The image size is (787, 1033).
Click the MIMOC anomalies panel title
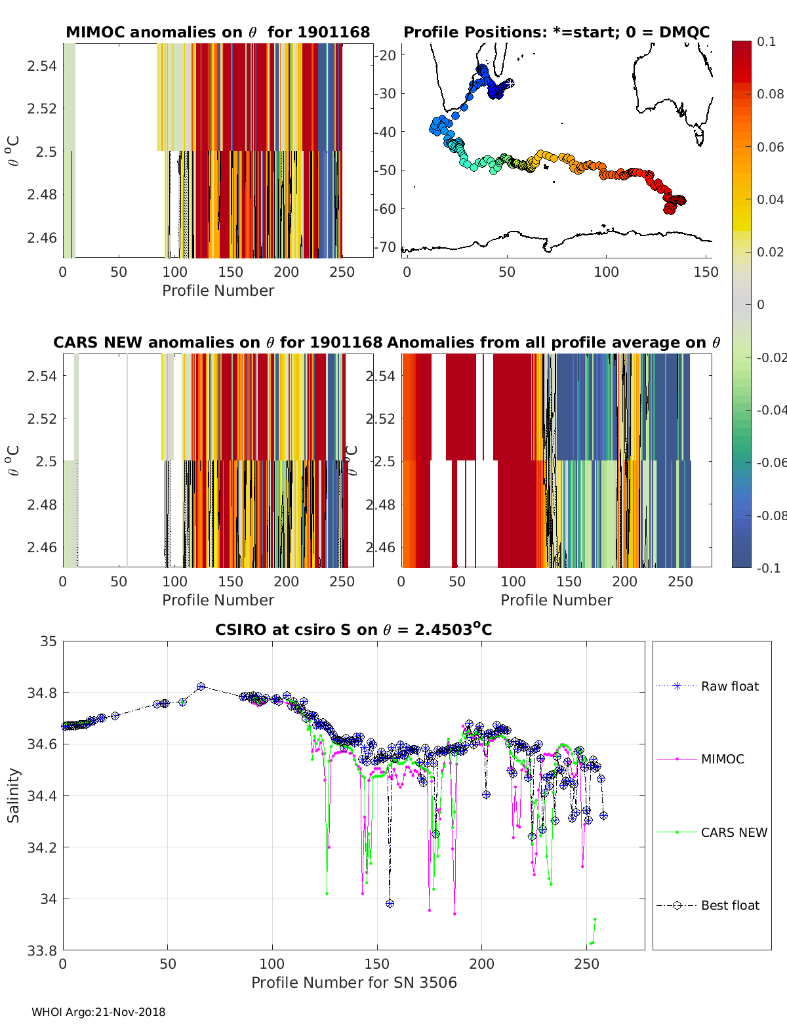[x=218, y=32]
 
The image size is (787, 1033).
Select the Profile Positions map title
[x=556, y=32]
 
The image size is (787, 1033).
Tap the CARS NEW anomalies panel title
[x=217, y=342]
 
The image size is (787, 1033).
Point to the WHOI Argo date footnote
[x=98, y=1012]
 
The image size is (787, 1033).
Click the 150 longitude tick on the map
[x=706, y=272]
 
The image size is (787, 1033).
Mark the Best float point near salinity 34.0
[x=390, y=903]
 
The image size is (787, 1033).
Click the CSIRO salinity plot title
[x=353, y=630]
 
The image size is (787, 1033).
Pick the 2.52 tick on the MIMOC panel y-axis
[x=41, y=108]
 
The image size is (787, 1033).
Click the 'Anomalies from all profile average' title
[x=554, y=342]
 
